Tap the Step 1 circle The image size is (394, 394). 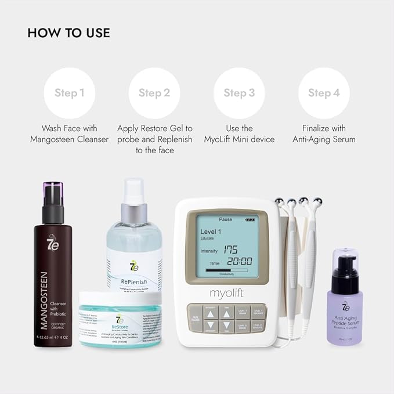coord(70,93)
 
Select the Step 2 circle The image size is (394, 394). coord(154,93)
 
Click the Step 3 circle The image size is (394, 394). coord(239,93)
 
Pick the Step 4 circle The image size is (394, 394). coord(324,93)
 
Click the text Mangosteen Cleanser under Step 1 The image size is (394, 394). coord(70,139)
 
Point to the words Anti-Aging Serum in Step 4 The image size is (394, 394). coord(328,139)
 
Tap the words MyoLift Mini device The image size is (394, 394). coord(239,139)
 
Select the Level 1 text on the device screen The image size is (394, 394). coord(211,232)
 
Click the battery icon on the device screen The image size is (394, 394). coord(251,220)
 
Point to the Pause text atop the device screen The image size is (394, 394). coord(225,220)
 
